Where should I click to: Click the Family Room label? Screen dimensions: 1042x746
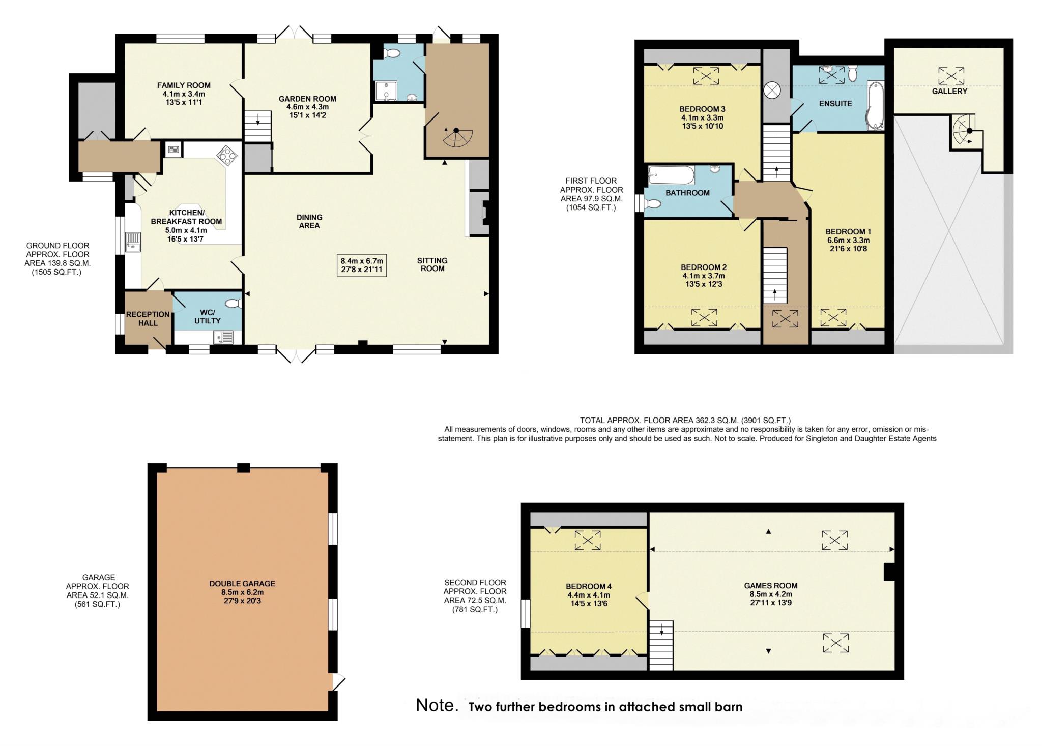click(184, 85)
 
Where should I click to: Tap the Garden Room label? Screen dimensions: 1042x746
click(307, 99)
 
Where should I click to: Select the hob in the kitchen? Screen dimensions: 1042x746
click(226, 155)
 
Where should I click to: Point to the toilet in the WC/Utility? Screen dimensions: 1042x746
click(234, 304)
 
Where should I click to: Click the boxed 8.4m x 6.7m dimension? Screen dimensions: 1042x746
click(362, 265)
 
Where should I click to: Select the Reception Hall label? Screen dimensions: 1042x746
click(148, 318)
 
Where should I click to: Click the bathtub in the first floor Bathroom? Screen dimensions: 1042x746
click(671, 175)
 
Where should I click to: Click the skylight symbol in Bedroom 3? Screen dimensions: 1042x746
click(706, 76)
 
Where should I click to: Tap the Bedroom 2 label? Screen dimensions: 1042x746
click(704, 267)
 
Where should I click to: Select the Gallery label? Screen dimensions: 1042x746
click(949, 91)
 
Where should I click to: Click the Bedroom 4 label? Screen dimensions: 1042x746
click(588, 586)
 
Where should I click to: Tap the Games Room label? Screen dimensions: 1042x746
click(771, 586)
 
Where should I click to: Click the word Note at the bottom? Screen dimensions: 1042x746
click(437, 705)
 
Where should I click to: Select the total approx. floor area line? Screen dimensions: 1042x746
click(685, 421)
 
